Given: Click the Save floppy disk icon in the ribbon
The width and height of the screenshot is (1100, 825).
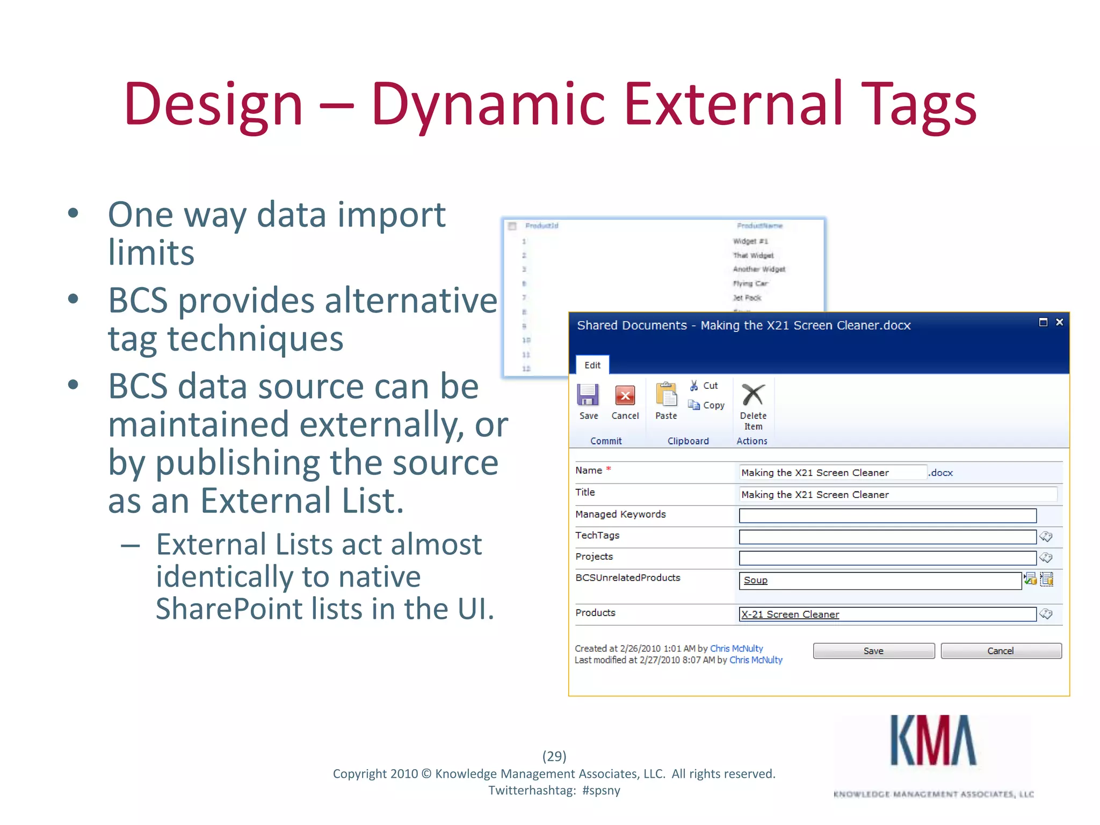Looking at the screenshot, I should (x=588, y=395).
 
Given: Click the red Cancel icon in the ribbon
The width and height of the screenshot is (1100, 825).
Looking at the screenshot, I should (x=625, y=396).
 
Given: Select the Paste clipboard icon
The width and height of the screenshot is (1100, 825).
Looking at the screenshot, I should (x=666, y=395).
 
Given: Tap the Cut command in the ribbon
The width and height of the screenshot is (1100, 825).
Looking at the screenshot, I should (x=704, y=386).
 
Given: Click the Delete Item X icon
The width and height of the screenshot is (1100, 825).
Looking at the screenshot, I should (x=753, y=395).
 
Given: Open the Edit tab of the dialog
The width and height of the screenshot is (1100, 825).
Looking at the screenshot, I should (x=592, y=365).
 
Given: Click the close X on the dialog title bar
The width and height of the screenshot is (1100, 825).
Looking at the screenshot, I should (x=1059, y=322).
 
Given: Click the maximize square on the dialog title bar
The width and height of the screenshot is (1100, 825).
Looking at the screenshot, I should (x=1043, y=322).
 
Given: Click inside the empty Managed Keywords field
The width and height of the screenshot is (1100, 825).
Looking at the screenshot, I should (x=887, y=516).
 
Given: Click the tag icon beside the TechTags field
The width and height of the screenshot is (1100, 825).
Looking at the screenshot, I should (x=1046, y=537).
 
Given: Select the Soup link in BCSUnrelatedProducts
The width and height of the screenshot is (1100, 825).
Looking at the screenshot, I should (x=755, y=581).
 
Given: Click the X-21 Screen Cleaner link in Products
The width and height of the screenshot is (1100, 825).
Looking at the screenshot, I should (x=790, y=614).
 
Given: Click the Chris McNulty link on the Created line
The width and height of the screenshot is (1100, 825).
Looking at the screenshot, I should (x=736, y=648).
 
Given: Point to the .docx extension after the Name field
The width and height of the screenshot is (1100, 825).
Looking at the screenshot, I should (x=941, y=473).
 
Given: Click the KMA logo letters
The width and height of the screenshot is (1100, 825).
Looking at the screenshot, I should (x=933, y=741).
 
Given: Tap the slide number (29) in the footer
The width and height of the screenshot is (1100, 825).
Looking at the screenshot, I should (x=554, y=756).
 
